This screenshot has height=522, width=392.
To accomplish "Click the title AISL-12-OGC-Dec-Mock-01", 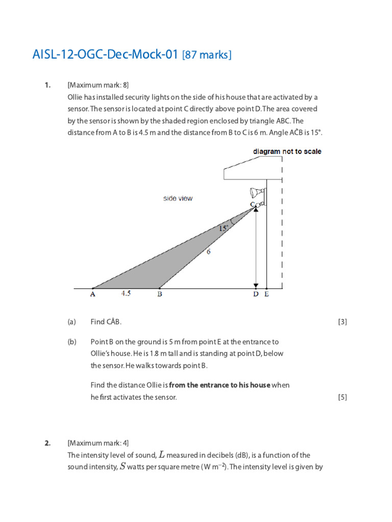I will (106, 55).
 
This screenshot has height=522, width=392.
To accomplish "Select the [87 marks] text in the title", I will (207, 55).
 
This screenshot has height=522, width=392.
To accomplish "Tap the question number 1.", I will (47, 85).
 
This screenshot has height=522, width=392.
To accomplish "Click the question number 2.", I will (47, 443).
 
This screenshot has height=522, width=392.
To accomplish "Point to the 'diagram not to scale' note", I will (287, 151).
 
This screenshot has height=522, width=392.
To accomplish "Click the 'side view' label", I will (178, 198).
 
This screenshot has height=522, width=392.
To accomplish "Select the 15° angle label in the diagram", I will (224, 229).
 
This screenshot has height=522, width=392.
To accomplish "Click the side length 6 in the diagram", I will (208, 251).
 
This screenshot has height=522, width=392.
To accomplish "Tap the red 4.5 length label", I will (126, 294).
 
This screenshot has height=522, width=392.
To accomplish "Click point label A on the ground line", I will (92, 294).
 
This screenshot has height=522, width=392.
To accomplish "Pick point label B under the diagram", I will (160, 294).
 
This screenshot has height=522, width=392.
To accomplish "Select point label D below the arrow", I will (256, 294).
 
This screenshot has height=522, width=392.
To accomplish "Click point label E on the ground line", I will (266, 294).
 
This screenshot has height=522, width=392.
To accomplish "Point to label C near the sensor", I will (252, 204).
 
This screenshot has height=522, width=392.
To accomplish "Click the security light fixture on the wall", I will (256, 193).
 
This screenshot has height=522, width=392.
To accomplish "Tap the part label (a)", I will (71, 322).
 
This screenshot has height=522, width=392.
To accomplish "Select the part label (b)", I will (71, 342).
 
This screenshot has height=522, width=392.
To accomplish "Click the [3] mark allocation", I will (342, 322).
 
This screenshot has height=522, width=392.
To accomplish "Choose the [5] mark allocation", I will (342, 397).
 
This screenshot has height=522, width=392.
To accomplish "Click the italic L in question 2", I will (162, 455).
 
